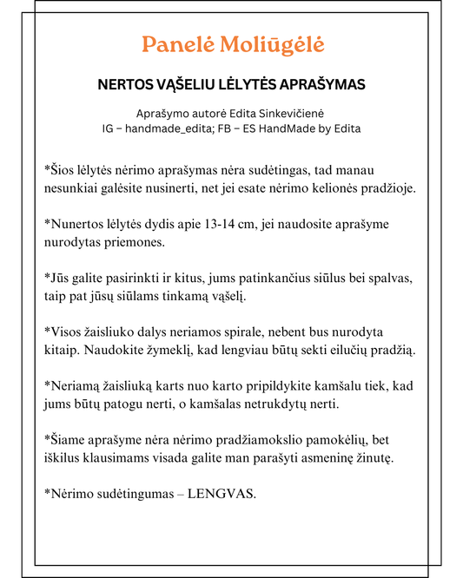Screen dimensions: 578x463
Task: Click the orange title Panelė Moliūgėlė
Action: pos(233,45)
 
